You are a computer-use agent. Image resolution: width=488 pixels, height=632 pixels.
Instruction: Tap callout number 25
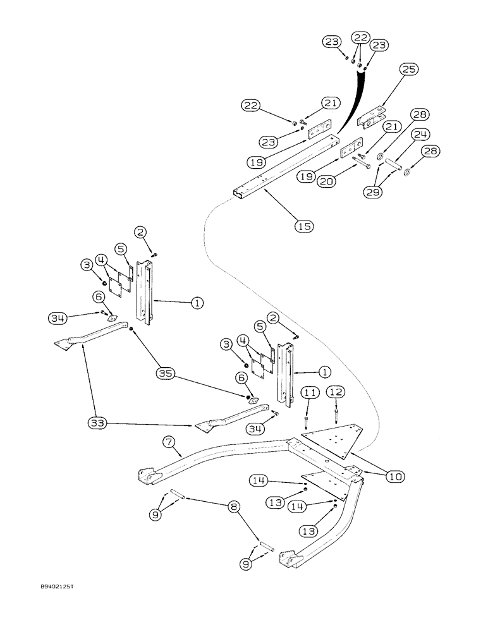tap(408, 70)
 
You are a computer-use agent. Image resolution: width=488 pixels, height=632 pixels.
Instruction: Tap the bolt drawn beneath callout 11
tap(307, 418)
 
